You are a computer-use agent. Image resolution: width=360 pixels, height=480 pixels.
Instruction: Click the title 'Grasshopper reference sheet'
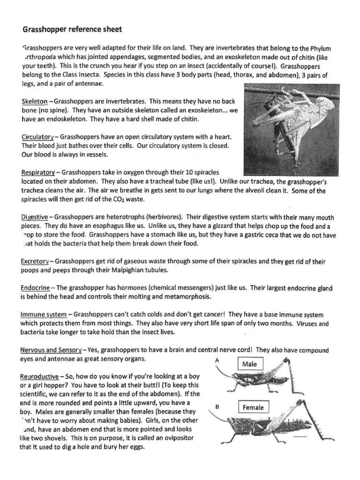pos(72,30)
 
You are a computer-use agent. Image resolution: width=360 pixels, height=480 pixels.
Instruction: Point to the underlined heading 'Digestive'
pos(34,217)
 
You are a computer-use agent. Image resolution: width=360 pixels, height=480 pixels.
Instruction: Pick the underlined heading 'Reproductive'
pos(40,377)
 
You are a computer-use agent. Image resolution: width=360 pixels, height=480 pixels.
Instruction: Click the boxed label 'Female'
pos(253,407)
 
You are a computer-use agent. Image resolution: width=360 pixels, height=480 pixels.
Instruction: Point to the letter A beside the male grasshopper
pos(217,360)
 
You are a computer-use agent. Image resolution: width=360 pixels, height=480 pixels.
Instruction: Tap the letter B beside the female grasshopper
pos(217,408)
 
